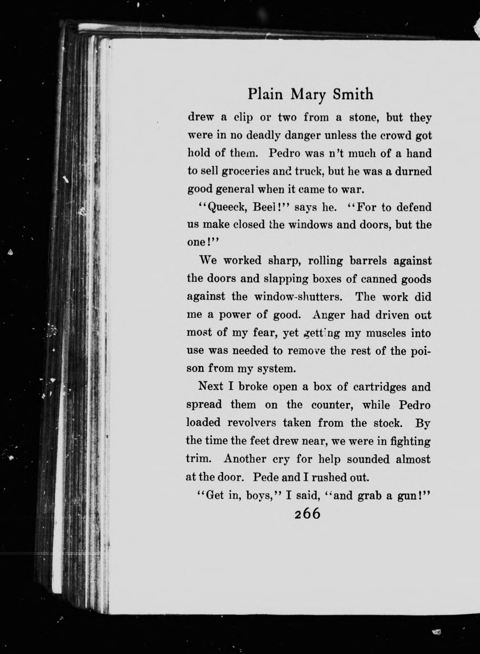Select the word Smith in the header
coord(353,94)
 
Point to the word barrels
coord(367,261)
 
